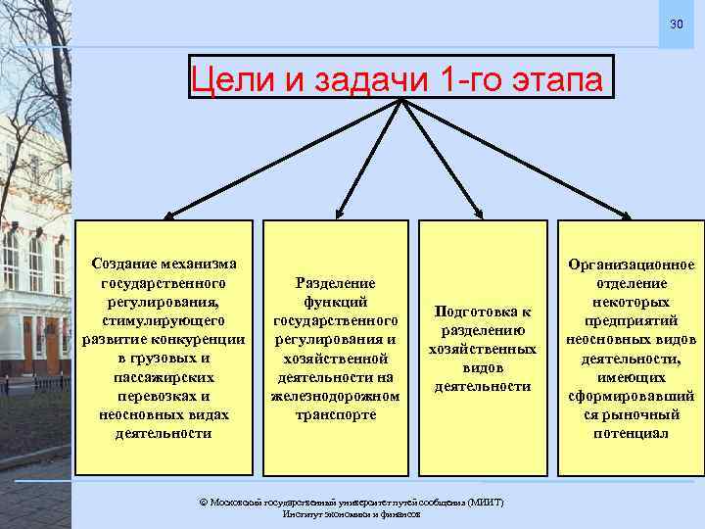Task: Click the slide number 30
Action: (x=677, y=24)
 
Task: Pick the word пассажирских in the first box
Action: (x=163, y=377)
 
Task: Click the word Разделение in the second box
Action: (x=335, y=281)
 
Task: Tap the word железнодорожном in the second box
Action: (x=335, y=396)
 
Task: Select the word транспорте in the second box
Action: (x=335, y=414)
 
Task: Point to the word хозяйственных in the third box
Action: (x=483, y=349)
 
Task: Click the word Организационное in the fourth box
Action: (x=631, y=264)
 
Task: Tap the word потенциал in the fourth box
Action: (x=631, y=433)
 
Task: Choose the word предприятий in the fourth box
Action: (x=631, y=320)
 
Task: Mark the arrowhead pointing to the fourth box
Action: (x=627, y=212)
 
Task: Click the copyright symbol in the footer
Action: (x=203, y=502)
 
